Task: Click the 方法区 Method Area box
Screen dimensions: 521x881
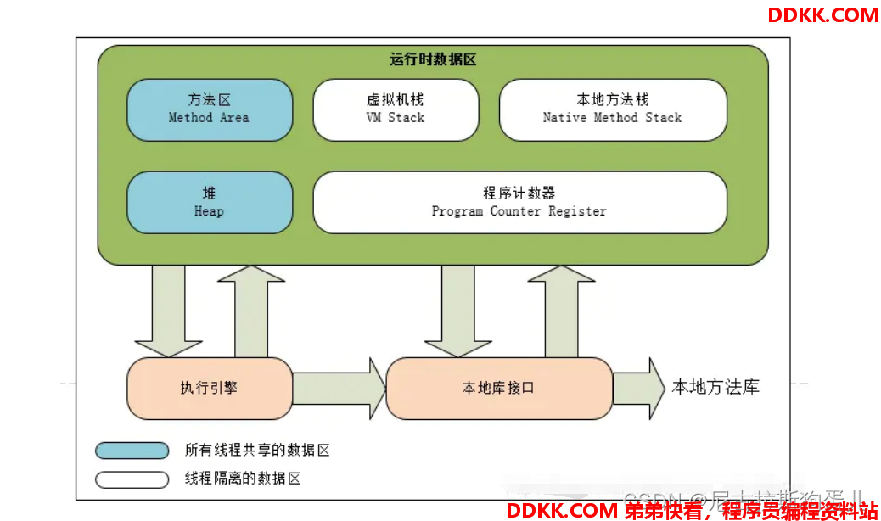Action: pyautogui.click(x=210, y=109)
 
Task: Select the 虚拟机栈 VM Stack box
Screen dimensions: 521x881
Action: pyautogui.click(x=396, y=109)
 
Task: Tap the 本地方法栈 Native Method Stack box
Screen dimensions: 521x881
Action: pyautogui.click(x=612, y=109)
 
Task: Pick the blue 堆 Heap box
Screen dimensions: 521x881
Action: pyautogui.click(x=210, y=202)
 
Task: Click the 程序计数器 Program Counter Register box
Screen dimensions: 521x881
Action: pyautogui.click(x=519, y=202)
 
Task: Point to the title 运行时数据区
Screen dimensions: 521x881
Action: pyautogui.click(x=433, y=60)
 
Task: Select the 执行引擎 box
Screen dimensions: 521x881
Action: pyautogui.click(x=210, y=388)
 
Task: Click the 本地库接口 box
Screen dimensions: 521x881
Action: pyautogui.click(x=499, y=388)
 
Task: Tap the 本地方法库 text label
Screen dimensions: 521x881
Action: pyautogui.click(x=715, y=387)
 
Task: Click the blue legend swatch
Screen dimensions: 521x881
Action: pyautogui.click(x=132, y=451)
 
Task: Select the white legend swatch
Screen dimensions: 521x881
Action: pyautogui.click(x=132, y=479)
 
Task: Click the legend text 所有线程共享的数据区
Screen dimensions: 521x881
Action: pyautogui.click(x=257, y=451)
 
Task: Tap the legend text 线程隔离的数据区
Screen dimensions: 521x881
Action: pyautogui.click(x=243, y=479)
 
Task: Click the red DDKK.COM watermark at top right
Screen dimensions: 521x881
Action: pyautogui.click(x=823, y=14)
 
